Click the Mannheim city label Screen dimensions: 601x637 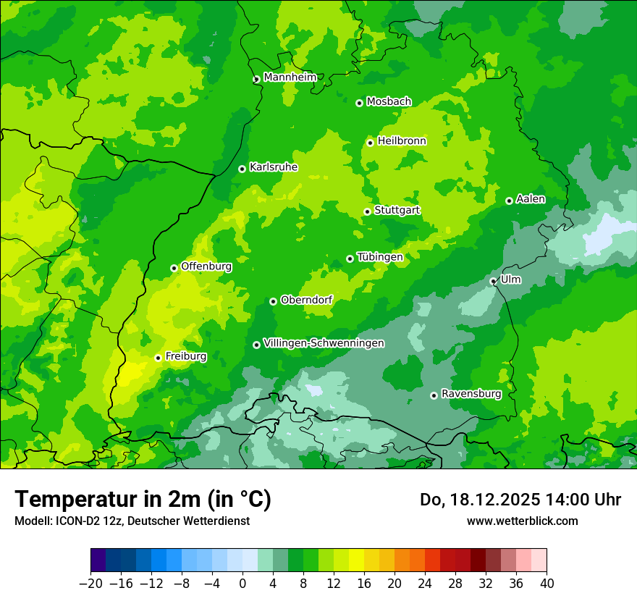[x=290, y=77]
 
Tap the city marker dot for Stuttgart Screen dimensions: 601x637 [x=367, y=211]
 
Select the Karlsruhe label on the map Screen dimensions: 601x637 [x=273, y=167]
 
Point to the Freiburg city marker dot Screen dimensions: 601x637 [x=158, y=358]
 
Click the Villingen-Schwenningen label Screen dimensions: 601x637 [x=324, y=343]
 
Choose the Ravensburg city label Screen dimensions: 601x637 [x=471, y=394]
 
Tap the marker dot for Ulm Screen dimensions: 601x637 [x=493, y=281]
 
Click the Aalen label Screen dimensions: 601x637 [x=531, y=199]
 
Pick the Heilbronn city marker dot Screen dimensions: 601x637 [x=370, y=143]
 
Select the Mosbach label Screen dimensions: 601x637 [x=389, y=102]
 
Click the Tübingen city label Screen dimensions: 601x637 [x=380, y=257]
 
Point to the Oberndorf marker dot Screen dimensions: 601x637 [x=273, y=301]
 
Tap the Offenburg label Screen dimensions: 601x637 [x=206, y=266]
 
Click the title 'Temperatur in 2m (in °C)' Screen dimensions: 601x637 [x=143, y=499]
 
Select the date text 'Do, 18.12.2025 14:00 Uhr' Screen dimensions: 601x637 [x=520, y=500]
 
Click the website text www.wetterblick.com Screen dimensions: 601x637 [x=522, y=521]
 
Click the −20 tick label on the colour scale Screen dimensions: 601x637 [x=90, y=584]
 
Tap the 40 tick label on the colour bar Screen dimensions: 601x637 [x=547, y=584]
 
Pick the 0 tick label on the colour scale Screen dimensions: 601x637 [x=242, y=584]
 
